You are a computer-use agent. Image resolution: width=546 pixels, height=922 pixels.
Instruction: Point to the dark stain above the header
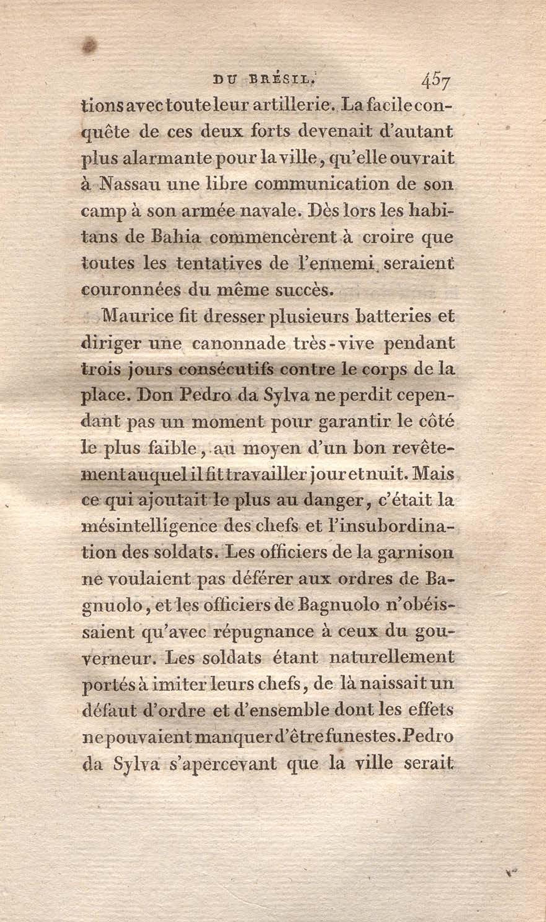point(88,45)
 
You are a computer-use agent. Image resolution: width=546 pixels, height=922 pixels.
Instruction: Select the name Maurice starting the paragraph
point(138,317)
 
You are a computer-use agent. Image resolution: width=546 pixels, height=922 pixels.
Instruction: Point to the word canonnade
point(235,344)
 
